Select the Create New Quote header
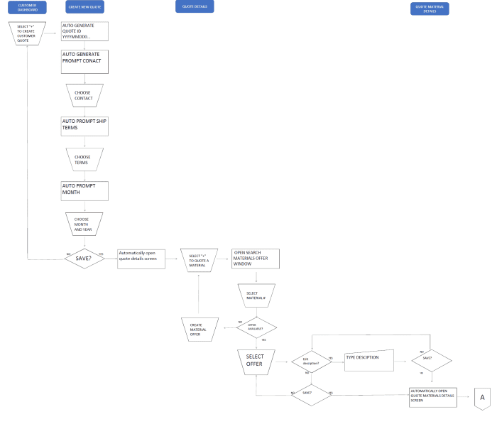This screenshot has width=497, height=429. click(x=84, y=8)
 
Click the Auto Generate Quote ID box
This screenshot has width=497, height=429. click(x=84, y=31)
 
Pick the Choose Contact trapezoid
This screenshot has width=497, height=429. click(x=84, y=95)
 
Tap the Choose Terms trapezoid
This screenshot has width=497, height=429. click(x=84, y=159)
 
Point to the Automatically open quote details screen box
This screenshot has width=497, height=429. click(x=141, y=259)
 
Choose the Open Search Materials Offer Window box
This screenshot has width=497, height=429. click(x=256, y=259)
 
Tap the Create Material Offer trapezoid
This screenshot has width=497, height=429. click(x=199, y=328)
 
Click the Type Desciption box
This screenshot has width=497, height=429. click(x=368, y=359)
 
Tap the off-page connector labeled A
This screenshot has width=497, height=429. click(x=482, y=397)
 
